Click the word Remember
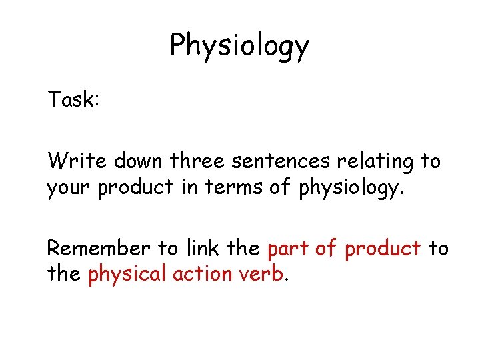pyautogui.click(x=99, y=248)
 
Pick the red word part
pyautogui.click(x=288, y=249)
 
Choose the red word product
pyautogui.click(x=382, y=249)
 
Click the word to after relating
pyautogui.click(x=430, y=161)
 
